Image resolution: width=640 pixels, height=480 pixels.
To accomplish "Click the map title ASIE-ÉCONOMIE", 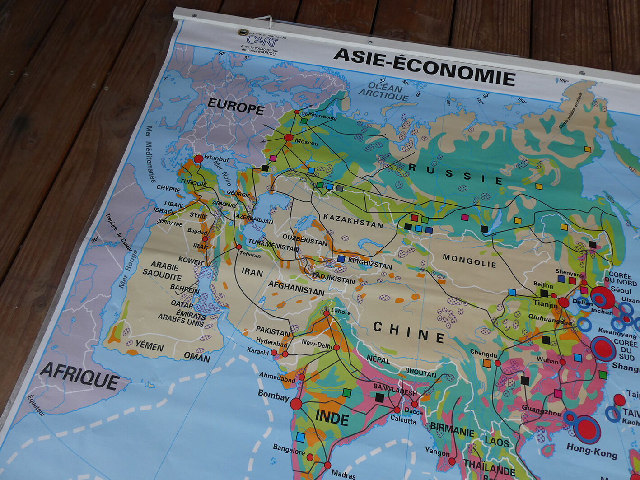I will (x=424, y=67).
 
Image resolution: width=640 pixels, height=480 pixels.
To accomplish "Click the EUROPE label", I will (x=236, y=107).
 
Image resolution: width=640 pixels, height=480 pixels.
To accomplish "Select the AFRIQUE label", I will (x=79, y=376).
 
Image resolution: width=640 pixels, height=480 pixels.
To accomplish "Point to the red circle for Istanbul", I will (x=198, y=159).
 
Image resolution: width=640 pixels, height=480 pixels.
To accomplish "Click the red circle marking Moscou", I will (x=288, y=138).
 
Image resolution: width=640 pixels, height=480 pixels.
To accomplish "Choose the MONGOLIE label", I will (x=469, y=261).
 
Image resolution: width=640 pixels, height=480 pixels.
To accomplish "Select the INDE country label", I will (x=332, y=418).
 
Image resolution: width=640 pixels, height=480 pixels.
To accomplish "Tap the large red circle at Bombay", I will (x=296, y=404).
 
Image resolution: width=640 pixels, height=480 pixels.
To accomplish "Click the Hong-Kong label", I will (x=592, y=451).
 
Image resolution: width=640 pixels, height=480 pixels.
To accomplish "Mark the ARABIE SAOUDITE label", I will (x=162, y=270).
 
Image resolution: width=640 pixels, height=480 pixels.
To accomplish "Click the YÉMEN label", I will (x=149, y=346).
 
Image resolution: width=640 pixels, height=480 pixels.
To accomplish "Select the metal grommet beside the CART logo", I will (x=243, y=33).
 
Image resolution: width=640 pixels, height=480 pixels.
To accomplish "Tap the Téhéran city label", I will (x=250, y=255).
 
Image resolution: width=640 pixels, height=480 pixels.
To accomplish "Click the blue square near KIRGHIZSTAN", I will (x=341, y=259).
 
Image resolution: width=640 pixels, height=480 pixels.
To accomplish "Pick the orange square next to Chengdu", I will (x=486, y=363).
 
